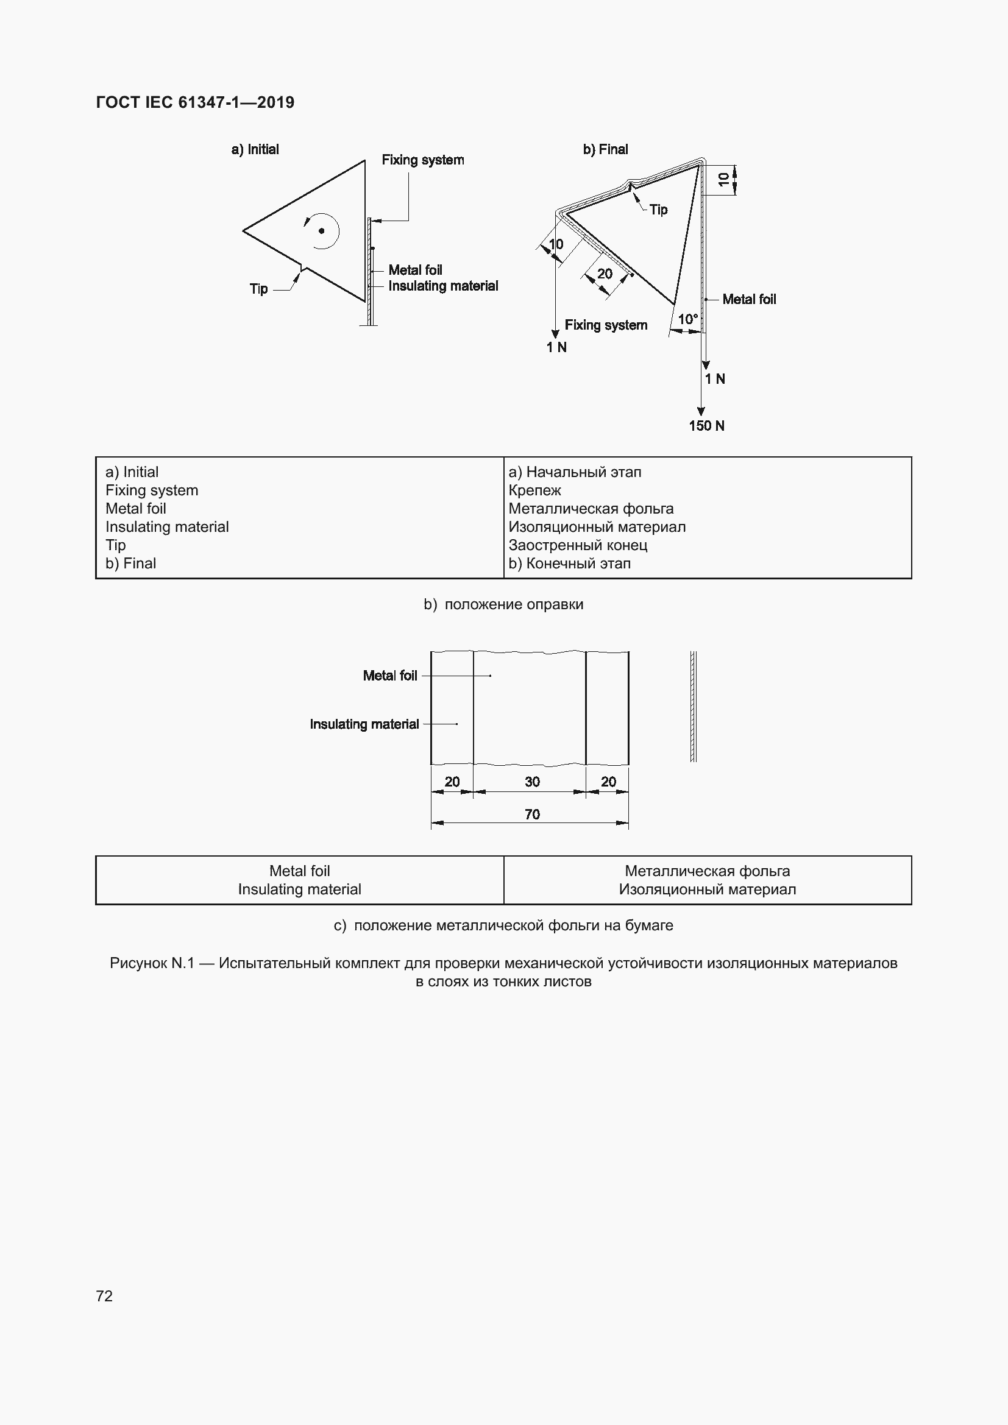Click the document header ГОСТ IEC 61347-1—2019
click(195, 102)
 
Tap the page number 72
click(104, 1295)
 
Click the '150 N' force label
click(706, 426)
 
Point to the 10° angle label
click(687, 319)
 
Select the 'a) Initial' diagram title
click(255, 150)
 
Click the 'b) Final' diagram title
click(605, 150)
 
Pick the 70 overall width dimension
click(532, 815)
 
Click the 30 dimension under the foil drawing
click(532, 782)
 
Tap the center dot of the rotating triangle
click(322, 231)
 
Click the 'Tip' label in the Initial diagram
click(259, 289)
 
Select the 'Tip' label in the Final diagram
click(659, 210)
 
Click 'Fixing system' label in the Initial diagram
click(423, 160)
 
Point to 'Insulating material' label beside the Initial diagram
click(443, 286)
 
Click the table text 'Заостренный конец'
click(578, 545)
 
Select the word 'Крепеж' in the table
click(534, 490)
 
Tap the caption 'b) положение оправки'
click(503, 604)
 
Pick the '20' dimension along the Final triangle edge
click(605, 274)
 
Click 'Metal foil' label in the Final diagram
click(749, 299)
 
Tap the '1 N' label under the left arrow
click(556, 347)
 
